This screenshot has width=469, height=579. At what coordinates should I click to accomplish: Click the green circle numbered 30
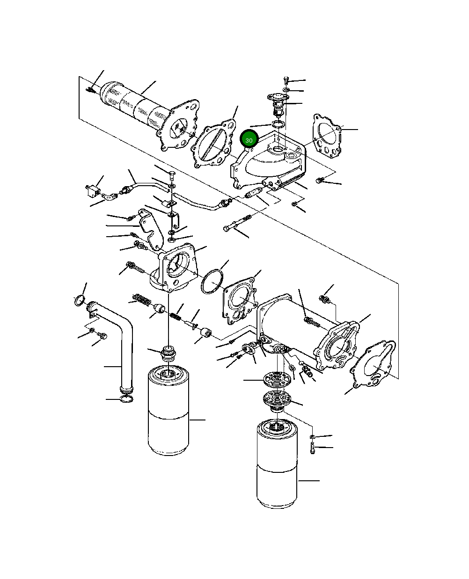[x=249, y=140]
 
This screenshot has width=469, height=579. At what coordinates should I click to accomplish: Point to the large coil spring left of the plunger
[x=141, y=297]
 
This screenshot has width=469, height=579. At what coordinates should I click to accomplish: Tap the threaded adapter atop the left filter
[x=168, y=353]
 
